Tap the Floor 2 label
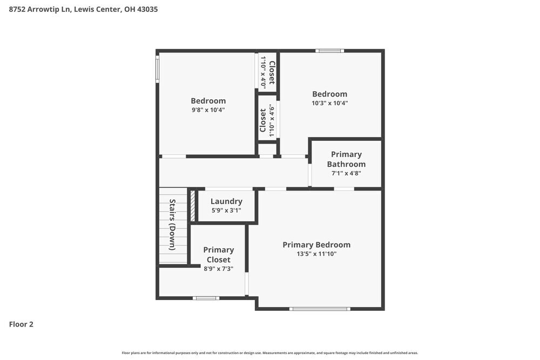(x=21, y=324)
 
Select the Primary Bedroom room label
(x=316, y=244)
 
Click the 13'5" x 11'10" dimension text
(x=316, y=254)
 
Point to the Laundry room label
(x=226, y=201)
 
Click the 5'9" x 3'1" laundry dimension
(x=226, y=210)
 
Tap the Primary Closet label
(x=218, y=255)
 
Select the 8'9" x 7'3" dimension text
(x=218, y=269)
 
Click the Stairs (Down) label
(x=172, y=225)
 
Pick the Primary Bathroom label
(x=346, y=159)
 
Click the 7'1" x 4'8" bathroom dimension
(x=346, y=173)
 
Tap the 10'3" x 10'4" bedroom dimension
(x=329, y=103)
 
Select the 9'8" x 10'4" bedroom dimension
(x=208, y=110)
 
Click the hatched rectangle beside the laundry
(x=192, y=205)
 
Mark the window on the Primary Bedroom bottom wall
(x=320, y=309)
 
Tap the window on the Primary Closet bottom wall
(x=206, y=298)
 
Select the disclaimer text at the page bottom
(x=270, y=353)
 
